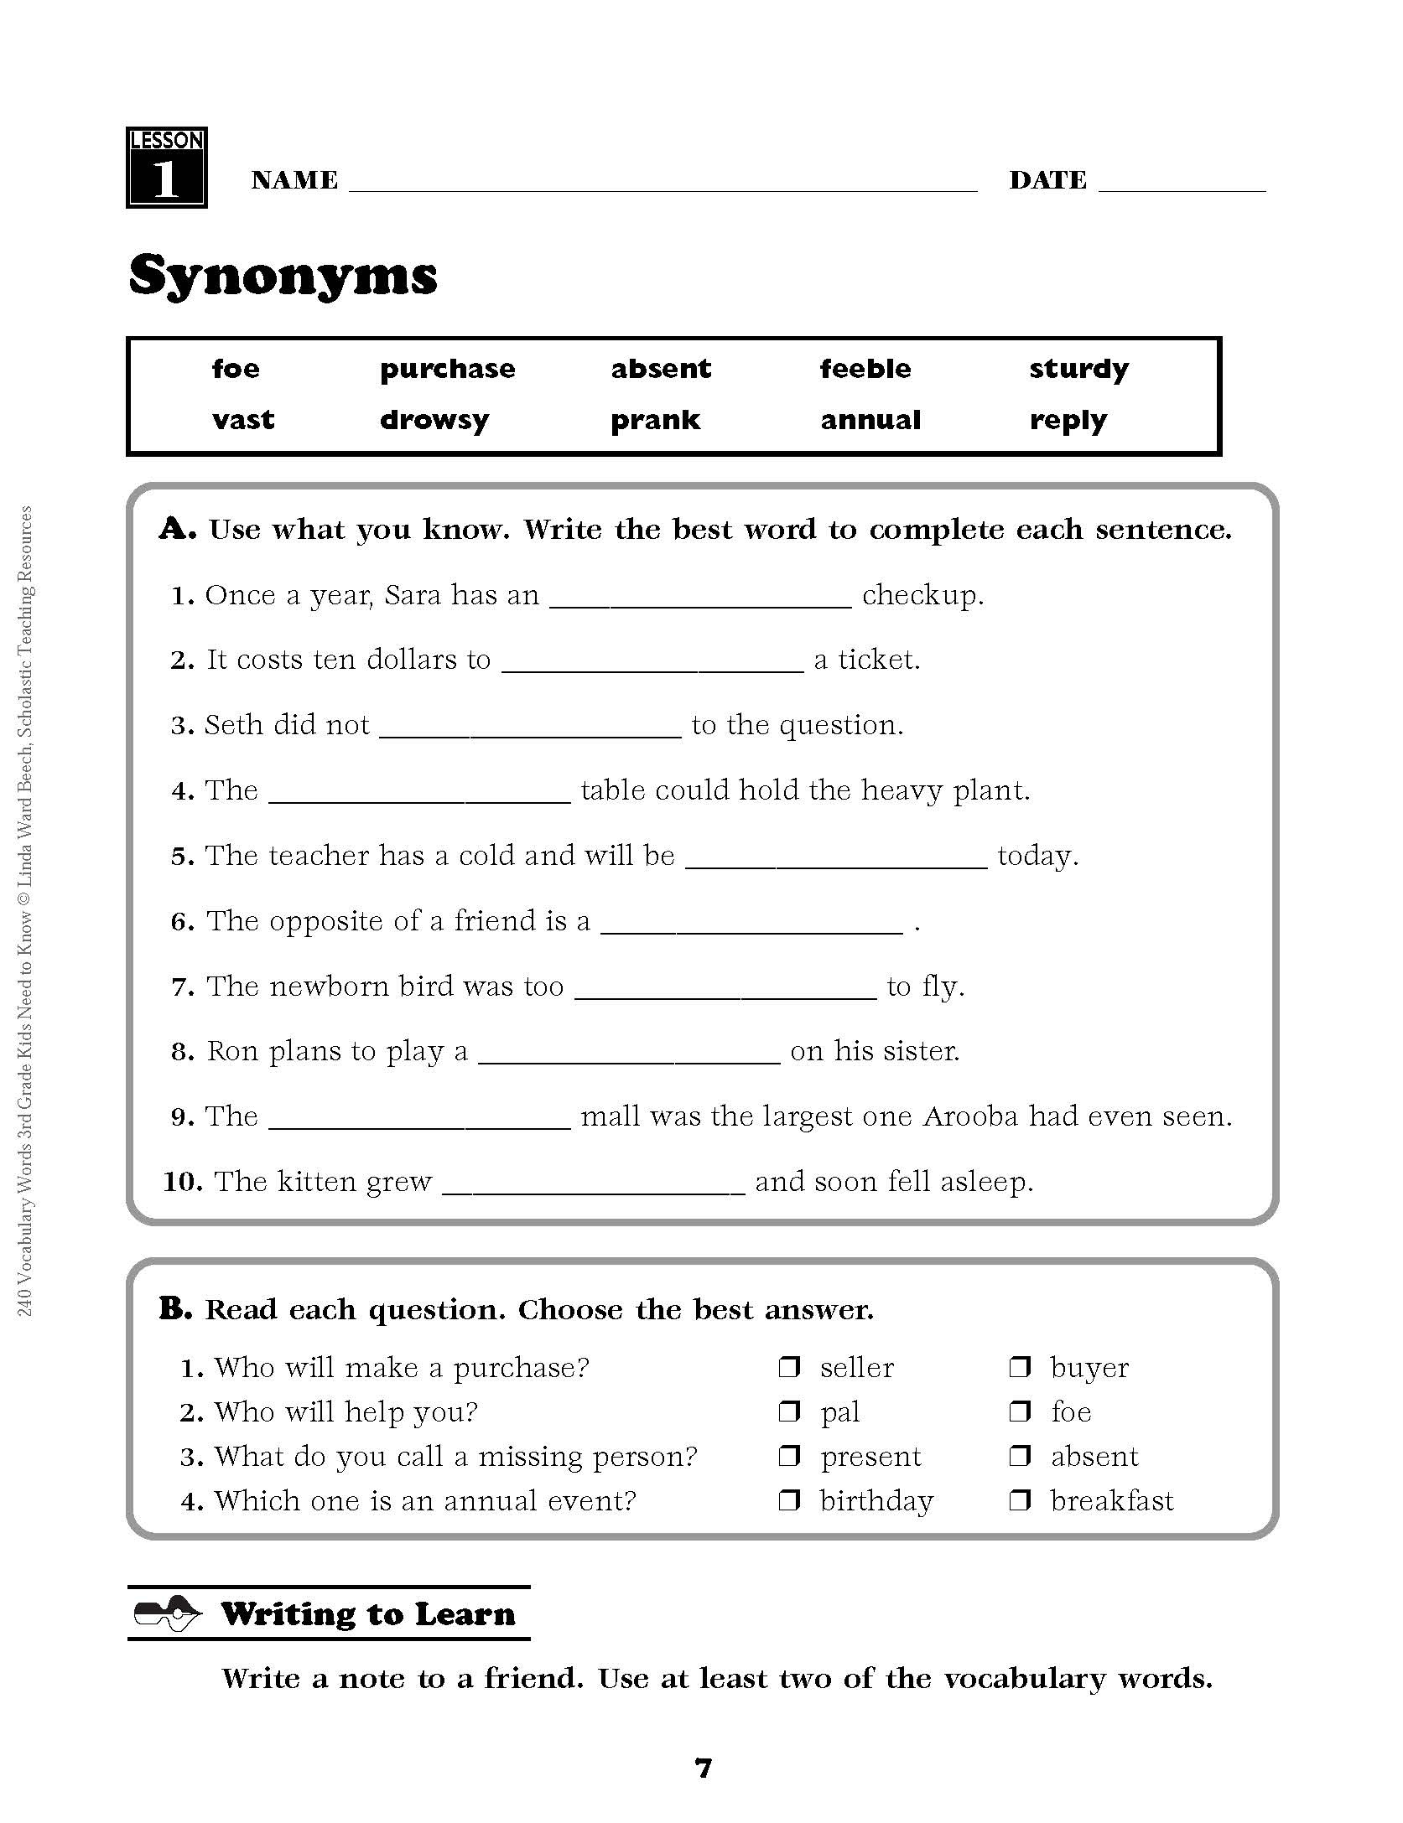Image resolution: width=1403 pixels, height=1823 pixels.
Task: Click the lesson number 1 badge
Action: pyautogui.click(x=166, y=168)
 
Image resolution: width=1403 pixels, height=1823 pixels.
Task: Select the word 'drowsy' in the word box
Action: pyautogui.click(x=434, y=420)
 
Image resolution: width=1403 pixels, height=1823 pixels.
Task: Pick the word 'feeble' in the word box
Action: pyautogui.click(x=865, y=369)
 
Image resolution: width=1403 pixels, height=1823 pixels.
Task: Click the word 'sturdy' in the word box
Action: pyautogui.click(x=1078, y=370)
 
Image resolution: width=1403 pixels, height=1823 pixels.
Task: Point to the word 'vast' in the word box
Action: pyautogui.click(x=243, y=420)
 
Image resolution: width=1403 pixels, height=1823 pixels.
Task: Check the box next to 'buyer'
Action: pyautogui.click(x=1019, y=1367)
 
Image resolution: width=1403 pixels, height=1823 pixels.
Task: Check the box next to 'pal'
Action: pyautogui.click(x=789, y=1411)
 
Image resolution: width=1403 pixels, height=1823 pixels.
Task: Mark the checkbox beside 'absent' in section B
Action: pyautogui.click(x=1019, y=1456)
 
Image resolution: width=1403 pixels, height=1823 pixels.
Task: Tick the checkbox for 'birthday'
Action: pyautogui.click(x=789, y=1500)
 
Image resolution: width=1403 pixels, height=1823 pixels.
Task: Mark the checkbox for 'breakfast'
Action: pyautogui.click(x=1019, y=1500)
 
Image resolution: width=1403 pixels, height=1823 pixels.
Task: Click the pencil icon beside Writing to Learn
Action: pyautogui.click(x=168, y=1613)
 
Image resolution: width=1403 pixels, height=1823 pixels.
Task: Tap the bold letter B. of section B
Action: pyautogui.click(x=176, y=1308)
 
